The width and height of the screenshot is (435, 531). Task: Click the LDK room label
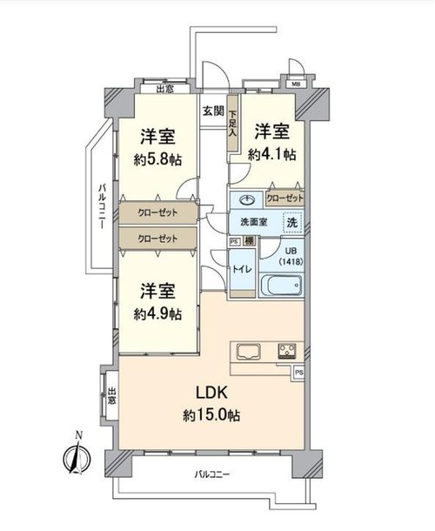211,393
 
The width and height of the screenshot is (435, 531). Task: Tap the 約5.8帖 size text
157,159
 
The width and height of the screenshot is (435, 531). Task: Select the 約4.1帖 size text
271,154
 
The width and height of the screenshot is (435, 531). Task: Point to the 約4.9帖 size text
157,314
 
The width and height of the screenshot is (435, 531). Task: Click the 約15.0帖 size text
211,415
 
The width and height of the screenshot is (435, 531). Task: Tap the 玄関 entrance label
213,111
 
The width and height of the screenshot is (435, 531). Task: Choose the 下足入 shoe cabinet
232,124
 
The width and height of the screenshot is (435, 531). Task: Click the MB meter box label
296,84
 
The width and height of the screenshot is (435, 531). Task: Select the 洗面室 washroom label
253,222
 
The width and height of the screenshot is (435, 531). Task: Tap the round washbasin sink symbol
248,199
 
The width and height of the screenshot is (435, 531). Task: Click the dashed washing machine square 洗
292,222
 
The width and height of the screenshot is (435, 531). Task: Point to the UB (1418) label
291,256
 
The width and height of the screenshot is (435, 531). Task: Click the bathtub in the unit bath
281,286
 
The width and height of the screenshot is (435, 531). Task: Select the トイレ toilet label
242,269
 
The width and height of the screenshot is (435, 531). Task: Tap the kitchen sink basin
249,352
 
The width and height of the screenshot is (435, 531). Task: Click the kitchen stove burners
287,351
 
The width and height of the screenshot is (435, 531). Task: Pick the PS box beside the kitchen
298,373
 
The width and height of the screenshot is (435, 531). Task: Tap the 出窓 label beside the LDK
111,396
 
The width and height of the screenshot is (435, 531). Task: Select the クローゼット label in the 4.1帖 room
284,198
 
